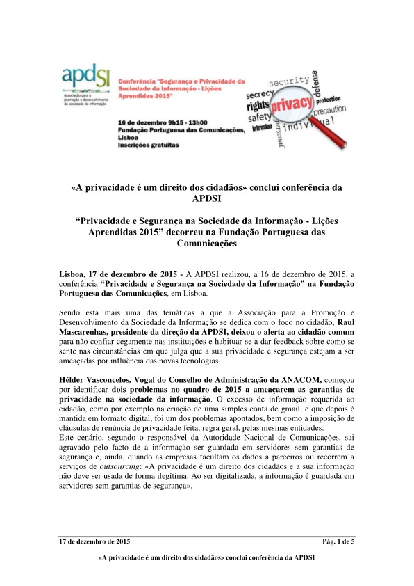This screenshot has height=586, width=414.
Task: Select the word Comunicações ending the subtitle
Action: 206,244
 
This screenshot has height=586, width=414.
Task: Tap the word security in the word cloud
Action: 289,83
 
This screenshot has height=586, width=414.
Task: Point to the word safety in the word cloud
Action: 258,118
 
